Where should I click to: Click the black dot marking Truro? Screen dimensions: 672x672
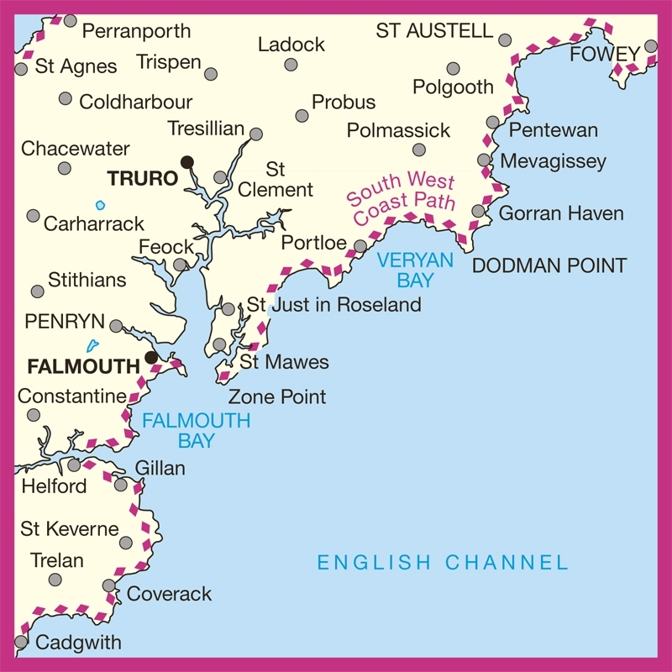tap(187, 161)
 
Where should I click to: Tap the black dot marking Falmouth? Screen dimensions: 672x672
tap(151, 357)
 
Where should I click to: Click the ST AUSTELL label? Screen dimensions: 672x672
tap(433, 31)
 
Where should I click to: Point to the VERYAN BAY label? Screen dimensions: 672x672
tap(415, 270)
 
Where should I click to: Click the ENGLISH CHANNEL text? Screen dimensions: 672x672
tap(442, 562)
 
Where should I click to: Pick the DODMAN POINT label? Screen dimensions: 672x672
tap(549, 266)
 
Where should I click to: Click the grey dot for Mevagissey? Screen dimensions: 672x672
tap(484, 160)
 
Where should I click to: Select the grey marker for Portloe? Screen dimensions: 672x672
tap(360, 246)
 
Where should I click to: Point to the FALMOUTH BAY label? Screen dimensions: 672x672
tap(196, 430)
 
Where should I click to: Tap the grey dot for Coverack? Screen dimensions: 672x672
tap(109, 585)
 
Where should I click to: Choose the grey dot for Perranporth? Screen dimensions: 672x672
tap(71, 21)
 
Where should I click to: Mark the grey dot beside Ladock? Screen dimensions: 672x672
tap(291, 65)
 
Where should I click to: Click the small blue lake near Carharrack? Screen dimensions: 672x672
tap(101, 205)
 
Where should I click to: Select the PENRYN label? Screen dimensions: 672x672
tap(64, 322)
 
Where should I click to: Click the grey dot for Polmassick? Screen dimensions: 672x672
tap(419, 150)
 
